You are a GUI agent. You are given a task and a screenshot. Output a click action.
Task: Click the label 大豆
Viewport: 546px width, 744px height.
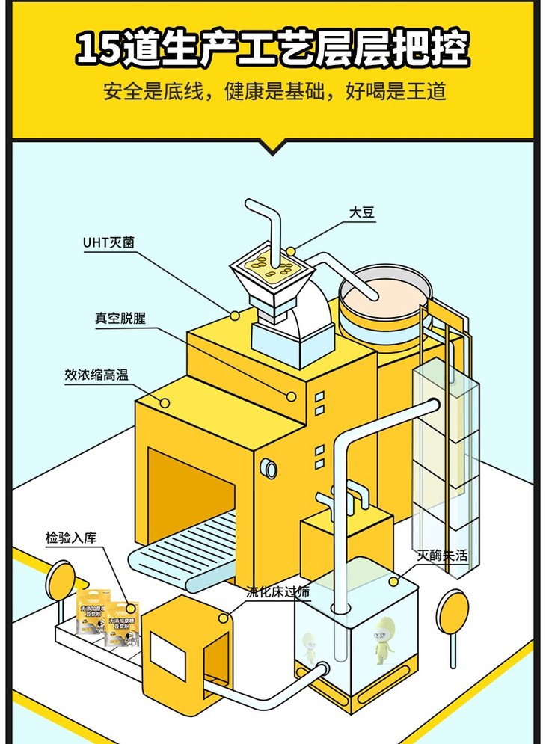coord(362,213)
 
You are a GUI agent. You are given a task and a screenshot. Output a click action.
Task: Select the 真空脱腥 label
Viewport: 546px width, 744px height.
coord(120,319)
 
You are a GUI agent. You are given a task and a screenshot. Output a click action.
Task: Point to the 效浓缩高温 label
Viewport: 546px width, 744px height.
coord(96,375)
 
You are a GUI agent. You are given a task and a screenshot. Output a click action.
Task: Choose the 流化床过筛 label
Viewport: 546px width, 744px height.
coord(277,592)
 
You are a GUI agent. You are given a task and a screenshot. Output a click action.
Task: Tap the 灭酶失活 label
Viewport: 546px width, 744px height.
coord(442,556)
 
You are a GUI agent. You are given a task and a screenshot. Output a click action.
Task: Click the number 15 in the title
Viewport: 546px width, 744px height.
coord(100,49)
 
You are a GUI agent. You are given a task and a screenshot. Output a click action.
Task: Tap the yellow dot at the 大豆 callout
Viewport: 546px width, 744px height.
coord(292,249)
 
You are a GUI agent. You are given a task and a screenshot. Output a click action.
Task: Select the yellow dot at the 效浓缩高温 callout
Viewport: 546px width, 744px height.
coord(165,402)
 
